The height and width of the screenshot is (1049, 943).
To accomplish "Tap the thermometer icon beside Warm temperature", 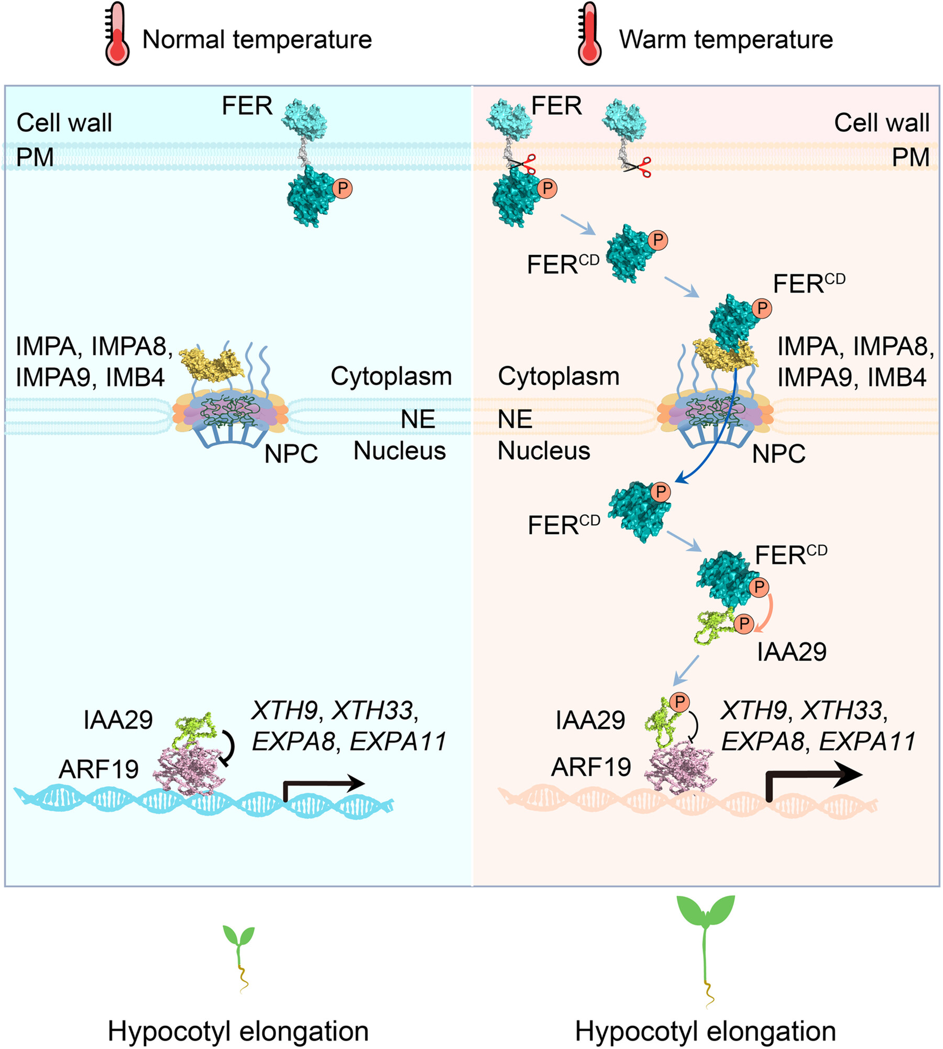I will [x=590, y=35].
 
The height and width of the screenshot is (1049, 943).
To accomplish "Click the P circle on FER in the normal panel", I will [x=343, y=188].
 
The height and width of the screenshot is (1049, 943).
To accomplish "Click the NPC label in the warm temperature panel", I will [x=778, y=454].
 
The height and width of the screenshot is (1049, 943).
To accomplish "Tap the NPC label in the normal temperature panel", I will [x=291, y=454].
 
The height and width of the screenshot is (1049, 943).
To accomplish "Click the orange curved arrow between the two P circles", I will [x=767, y=610].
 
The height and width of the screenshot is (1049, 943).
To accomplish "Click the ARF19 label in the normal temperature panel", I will [x=98, y=769].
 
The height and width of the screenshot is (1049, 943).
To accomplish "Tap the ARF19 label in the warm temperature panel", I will [x=591, y=767].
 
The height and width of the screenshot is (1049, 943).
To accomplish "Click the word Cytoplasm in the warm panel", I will [x=558, y=376].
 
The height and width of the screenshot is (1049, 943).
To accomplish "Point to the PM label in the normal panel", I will [x=35, y=157].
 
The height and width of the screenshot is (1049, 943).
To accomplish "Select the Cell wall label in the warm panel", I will [x=881, y=123].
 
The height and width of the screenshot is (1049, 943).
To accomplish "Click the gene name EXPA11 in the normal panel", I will [x=398, y=741].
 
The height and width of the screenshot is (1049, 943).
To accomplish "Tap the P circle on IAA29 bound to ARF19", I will [x=679, y=702].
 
